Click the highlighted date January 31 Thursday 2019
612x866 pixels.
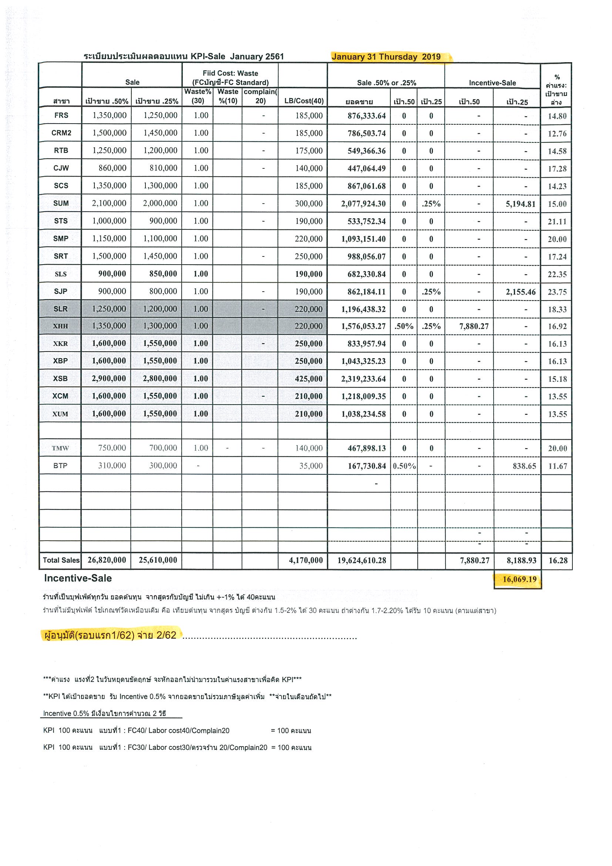point(386,57)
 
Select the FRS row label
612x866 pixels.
point(61,115)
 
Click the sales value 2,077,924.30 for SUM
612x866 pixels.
point(363,204)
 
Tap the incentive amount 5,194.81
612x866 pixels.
point(520,204)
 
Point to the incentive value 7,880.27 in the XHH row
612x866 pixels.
point(474,326)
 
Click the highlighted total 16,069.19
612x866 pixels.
point(519,579)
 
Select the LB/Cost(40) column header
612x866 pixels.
point(304,101)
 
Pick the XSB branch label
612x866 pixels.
point(60,378)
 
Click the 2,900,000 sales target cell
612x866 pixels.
point(109,378)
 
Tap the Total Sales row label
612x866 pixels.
point(61,560)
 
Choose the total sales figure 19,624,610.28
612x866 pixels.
point(362,560)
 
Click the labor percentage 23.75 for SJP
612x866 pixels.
point(557,292)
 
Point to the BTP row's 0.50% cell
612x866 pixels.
point(404,466)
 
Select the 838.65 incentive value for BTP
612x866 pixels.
point(524,466)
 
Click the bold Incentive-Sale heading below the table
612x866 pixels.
point(78,578)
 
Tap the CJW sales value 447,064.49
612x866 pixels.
point(367,169)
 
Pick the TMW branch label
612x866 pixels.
point(60,448)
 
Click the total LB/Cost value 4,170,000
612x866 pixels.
point(306,560)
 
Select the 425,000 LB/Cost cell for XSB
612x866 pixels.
point(309,379)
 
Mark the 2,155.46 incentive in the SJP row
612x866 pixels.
point(520,292)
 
